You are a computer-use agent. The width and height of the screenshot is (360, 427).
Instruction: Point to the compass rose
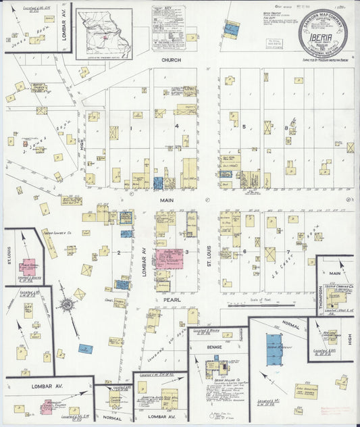(68, 305)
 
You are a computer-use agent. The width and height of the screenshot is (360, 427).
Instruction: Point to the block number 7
(288, 252)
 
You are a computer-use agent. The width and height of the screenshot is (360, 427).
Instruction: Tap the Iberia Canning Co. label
(336, 286)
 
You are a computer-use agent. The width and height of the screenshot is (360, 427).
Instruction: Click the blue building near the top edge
(232, 29)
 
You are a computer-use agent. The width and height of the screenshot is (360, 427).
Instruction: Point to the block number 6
(244, 252)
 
